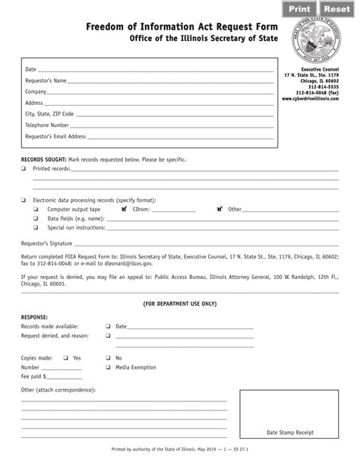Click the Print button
298,9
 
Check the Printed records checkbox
24,168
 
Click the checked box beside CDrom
124,208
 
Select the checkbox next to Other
219,208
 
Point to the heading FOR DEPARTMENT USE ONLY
180,303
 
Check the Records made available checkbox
108,326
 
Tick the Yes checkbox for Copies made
65,357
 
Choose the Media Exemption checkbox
108,366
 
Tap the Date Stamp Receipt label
289,432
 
